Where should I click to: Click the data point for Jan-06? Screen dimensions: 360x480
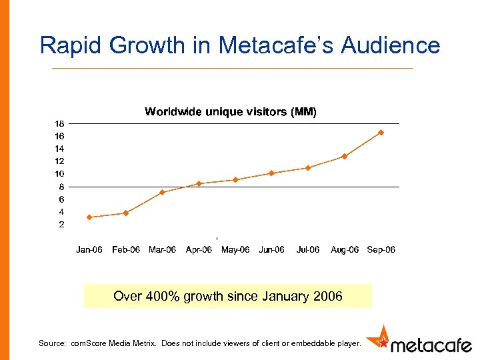pos(89,217)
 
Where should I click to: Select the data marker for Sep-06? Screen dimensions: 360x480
pos(381,133)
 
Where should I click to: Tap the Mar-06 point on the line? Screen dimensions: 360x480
pos(162,193)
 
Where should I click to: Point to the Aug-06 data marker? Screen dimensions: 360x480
pos(345,157)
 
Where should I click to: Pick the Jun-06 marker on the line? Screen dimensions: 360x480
pos(271,173)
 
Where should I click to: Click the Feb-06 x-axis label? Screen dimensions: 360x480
pos(126,250)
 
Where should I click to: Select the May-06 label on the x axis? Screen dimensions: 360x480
pos(235,250)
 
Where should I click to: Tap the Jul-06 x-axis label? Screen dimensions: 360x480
pos(307,250)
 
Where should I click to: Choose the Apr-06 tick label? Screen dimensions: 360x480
pos(199,250)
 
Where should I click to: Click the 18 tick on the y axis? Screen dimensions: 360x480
pos(59,124)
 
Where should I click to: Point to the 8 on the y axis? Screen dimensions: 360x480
pos(61,187)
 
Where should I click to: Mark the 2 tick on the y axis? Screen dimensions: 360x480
pos(61,225)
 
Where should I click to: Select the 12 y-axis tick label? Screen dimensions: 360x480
pos(59,161)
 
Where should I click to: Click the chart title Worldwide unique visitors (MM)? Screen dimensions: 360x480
pos(231,112)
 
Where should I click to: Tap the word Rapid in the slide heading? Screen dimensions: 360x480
pos(69,45)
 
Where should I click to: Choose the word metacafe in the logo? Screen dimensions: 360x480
pos(430,345)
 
